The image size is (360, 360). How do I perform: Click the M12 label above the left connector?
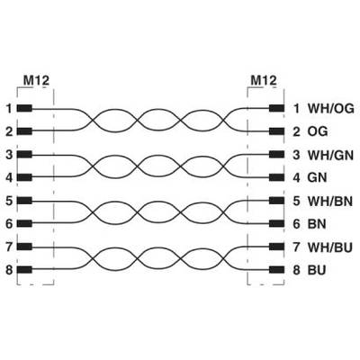point(36,80)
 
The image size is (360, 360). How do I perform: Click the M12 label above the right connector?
point(264,80)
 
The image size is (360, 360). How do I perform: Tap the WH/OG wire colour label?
point(331,109)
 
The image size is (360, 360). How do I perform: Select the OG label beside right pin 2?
point(318,131)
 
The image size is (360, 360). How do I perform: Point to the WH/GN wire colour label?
point(330,155)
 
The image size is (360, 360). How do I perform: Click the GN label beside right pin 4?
point(317,177)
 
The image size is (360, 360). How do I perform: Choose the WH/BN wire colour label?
point(330,201)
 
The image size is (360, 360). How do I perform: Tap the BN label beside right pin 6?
point(317,224)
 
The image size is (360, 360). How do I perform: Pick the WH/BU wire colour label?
point(330,247)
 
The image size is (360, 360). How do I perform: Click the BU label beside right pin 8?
point(317,270)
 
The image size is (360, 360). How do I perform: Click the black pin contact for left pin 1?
point(24,109)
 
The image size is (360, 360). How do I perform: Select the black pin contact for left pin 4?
point(24,177)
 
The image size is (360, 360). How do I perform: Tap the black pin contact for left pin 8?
point(24,270)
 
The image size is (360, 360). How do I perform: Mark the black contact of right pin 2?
point(276,131)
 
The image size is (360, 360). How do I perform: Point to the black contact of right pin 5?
point(276,201)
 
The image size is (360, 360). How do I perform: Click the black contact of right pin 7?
point(276,247)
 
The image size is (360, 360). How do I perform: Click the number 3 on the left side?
point(9,155)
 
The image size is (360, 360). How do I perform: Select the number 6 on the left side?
point(9,224)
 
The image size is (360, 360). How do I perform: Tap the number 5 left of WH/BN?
point(296,201)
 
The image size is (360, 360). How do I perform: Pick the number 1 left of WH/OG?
point(296,109)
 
